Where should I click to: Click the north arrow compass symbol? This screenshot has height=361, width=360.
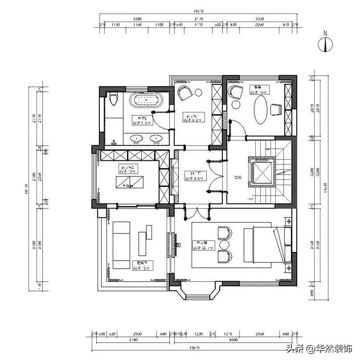326,42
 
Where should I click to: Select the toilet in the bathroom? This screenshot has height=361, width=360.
113,98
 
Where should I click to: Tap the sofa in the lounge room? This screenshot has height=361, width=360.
121,245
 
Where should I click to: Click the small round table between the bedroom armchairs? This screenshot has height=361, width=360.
224,245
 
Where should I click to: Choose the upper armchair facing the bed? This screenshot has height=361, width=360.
225,233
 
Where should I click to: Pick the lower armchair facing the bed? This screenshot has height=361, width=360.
225,256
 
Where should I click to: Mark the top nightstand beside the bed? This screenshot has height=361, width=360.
288,222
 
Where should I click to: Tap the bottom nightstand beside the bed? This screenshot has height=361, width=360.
288,268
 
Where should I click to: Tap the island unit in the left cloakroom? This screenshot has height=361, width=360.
131,182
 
